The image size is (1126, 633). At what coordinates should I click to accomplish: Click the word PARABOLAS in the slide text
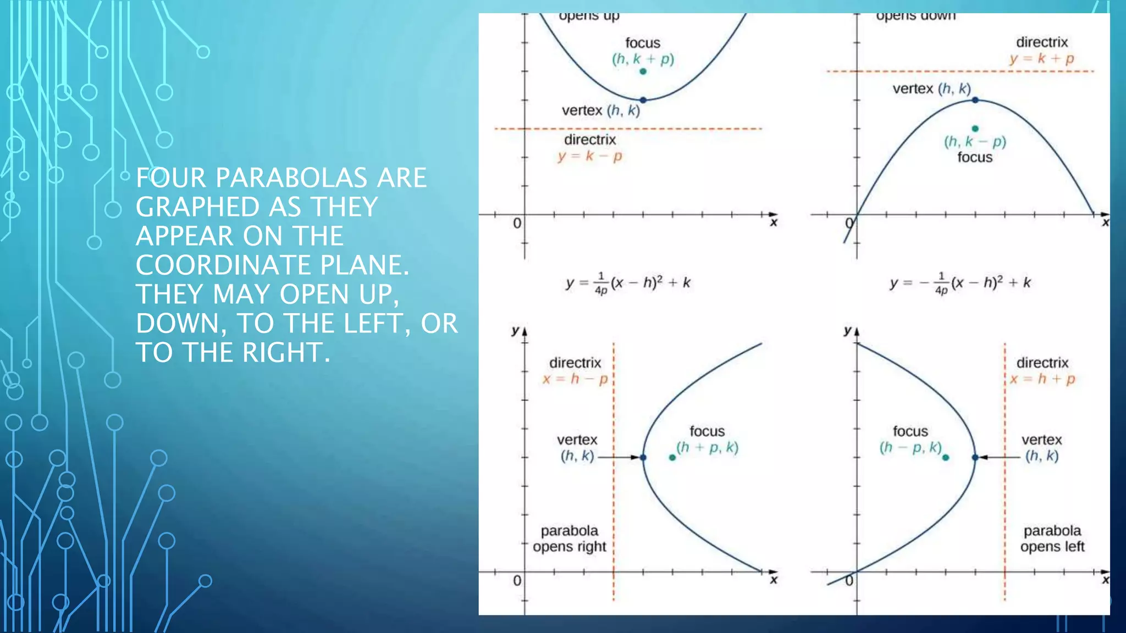pyautogui.click(x=291, y=178)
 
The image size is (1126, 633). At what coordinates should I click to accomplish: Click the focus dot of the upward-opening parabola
pyautogui.click(x=643, y=71)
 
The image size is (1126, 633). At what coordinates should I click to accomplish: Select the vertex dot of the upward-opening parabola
pyautogui.click(x=643, y=100)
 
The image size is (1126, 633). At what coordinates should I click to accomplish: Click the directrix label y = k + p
pyautogui.click(x=1042, y=58)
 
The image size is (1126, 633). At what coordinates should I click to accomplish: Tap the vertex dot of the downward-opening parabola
pyautogui.click(x=975, y=100)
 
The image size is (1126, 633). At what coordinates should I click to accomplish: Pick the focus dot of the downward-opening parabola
pyautogui.click(x=975, y=129)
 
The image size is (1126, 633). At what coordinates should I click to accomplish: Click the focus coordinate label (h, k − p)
pyautogui.click(x=975, y=142)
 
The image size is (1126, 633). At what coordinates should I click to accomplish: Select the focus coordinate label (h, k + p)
pyautogui.click(x=643, y=59)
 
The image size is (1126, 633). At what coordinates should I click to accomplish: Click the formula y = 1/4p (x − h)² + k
pyautogui.click(x=628, y=284)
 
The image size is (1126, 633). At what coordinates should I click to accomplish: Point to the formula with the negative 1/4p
pyautogui.click(x=960, y=284)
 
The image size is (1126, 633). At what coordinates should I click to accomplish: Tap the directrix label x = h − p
pyautogui.click(x=575, y=379)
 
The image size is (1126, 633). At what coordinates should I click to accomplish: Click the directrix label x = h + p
pyautogui.click(x=1042, y=379)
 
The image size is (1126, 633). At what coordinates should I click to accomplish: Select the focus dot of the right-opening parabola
pyautogui.click(x=672, y=457)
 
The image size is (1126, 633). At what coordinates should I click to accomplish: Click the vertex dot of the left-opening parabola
pyautogui.click(x=975, y=457)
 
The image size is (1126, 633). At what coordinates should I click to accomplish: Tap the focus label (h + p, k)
pyautogui.click(x=708, y=447)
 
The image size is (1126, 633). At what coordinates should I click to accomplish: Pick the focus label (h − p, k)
pyautogui.click(x=910, y=448)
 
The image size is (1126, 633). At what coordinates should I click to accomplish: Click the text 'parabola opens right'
pyautogui.click(x=570, y=538)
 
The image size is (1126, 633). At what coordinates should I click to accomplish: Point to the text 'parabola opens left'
pyautogui.click(x=1052, y=538)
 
